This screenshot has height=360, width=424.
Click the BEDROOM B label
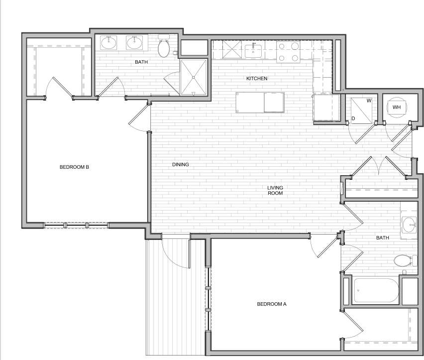[74, 167]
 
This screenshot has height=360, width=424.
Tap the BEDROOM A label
[272, 304]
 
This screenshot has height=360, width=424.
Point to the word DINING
[181, 164]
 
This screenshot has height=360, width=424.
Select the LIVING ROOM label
[275, 190]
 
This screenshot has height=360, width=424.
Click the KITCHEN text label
[257, 79]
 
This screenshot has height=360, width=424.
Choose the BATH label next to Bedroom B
[141, 62]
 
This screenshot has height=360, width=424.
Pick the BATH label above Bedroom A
[382, 238]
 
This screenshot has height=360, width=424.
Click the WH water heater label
[397, 107]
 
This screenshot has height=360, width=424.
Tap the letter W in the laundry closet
[369, 101]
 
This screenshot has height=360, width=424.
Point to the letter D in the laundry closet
[353, 118]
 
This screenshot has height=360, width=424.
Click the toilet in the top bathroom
[164, 47]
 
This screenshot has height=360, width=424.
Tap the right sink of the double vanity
[134, 43]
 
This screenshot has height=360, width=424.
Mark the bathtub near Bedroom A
[376, 290]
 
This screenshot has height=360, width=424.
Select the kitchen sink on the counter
[253, 51]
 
